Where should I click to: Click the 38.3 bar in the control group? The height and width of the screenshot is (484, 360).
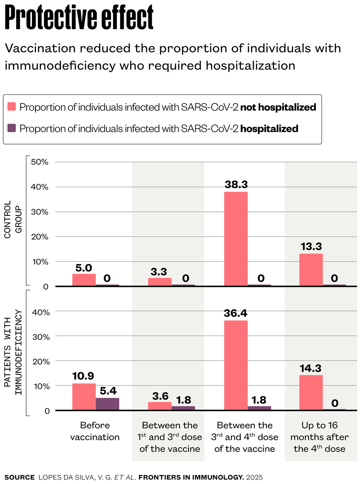pyautogui.click(x=235, y=239)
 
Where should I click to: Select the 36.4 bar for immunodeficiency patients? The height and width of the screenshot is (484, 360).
pyautogui.click(x=235, y=365)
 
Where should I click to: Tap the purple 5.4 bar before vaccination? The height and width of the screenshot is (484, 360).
pyautogui.click(x=108, y=404)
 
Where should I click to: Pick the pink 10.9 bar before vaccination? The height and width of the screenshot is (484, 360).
pyautogui.click(x=84, y=397)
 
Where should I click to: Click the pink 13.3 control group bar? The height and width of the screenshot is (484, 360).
pyautogui.click(x=311, y=270)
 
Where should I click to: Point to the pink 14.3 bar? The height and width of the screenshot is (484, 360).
pyautogui.click(x=311, y=393)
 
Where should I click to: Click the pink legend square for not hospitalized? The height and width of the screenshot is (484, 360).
pyautogui.click(x=12, y=107)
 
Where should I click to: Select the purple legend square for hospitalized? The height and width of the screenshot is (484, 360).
pyautogui.click(x=12, y=129)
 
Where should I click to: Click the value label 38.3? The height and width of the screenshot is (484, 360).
pyautogui.click(x=235, y=184)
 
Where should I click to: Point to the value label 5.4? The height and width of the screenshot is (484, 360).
pyautogui.click(x=108, y=390)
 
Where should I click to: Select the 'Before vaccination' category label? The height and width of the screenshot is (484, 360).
pyautogui.click(x=95, y=431)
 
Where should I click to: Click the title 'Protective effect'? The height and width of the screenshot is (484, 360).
pyautogui.click(x=79, y=18)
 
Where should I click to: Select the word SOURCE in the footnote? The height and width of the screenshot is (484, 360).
pyautogui.click(x=19, y=476)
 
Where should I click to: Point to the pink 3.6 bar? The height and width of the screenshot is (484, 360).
pyautogui.click(x=160, y=406)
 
